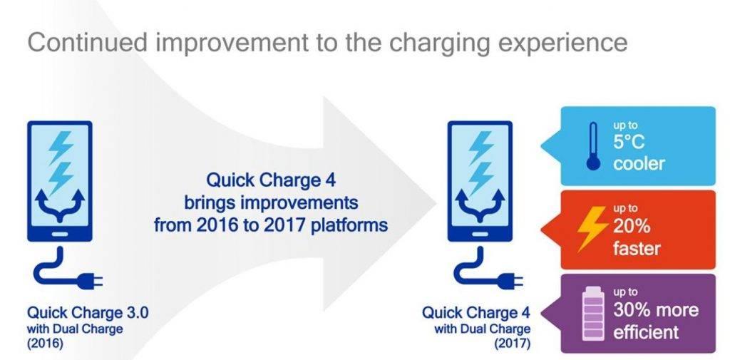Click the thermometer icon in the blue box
tap(592, 145)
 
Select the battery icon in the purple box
tap(592, 313)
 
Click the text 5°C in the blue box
tap(629, 143)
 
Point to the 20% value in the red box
tap(632, 227)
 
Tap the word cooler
tap(639, 163)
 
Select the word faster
tap(637, 248)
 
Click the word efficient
tap(646, 332)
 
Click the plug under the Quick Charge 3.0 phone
tap(90, 281)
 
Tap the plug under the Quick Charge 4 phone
tap(510, 281)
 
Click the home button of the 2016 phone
tap(59, 234)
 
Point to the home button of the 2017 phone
tap(480, 234)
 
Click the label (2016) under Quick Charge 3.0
tap(46, 345)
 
